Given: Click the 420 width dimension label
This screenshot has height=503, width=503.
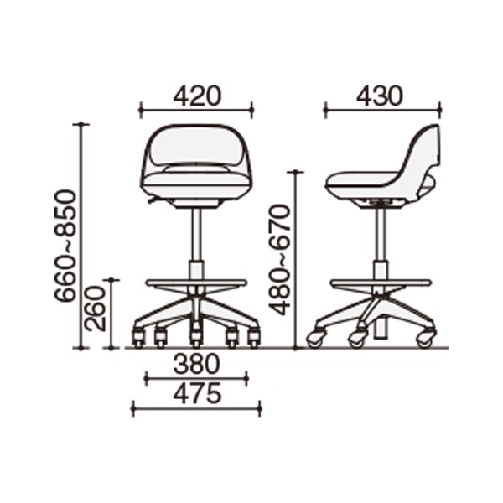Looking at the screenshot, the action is tap(197, 96).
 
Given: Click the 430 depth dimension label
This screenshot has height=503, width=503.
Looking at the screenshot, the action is tap(379, 96).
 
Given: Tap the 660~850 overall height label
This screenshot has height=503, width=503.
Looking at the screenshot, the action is tap(65, 246).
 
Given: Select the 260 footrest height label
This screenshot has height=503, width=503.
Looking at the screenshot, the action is tap(95, 309).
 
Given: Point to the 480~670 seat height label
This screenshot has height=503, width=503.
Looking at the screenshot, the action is tap(279, 260).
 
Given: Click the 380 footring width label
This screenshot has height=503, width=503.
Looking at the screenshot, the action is tap(197, 365).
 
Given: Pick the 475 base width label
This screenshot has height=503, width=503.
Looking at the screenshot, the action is tap(197, 393).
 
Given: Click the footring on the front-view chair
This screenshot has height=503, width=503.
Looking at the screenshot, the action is tap(196, 283).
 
